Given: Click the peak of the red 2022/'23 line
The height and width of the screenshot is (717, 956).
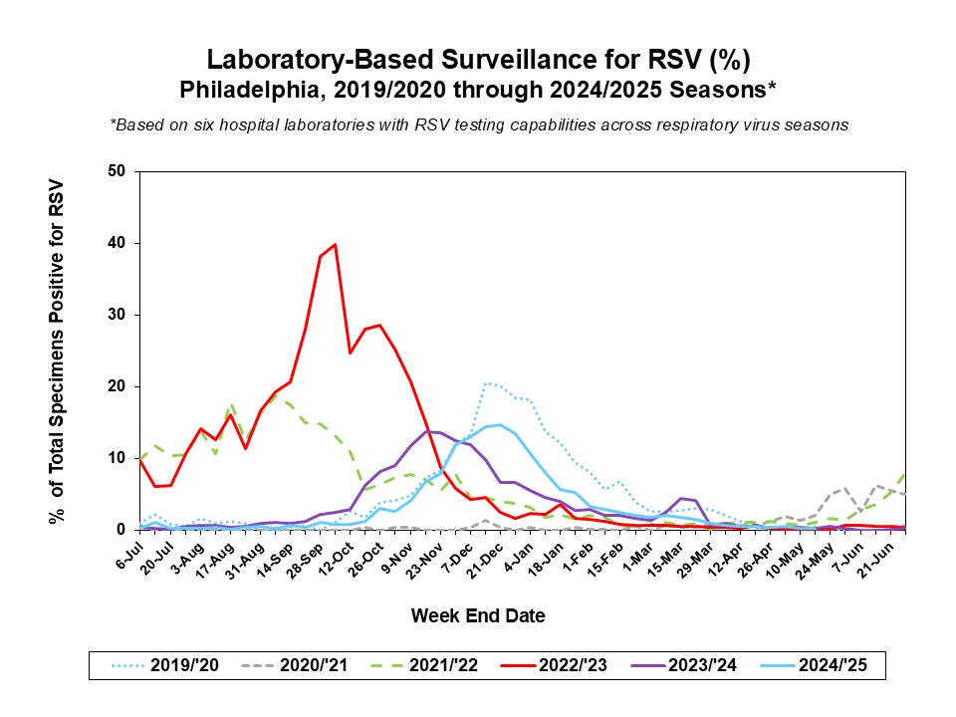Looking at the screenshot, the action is [335, 245].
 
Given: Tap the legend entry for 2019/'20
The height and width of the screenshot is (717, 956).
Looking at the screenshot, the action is [164, 665].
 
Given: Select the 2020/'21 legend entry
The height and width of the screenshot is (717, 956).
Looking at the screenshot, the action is [295, 665].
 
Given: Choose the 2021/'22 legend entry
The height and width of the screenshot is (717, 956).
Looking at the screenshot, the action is [424, 665].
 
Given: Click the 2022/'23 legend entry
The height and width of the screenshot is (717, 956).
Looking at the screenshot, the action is [554, 665].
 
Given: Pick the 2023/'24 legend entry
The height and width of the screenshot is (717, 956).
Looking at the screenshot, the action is [683, 665].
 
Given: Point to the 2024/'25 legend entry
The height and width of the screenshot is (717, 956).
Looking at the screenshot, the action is [814, 665].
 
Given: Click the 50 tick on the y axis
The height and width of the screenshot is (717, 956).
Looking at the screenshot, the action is [117, 171].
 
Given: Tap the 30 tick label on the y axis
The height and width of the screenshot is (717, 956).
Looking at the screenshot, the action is [117, 315].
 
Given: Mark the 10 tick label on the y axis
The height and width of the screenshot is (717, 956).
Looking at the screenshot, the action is [117, 458].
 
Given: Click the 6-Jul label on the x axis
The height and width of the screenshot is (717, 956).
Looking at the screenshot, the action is [129, 556].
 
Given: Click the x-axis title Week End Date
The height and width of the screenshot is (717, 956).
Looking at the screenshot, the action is [478, 615].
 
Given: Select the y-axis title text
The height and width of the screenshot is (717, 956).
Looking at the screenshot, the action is [56, 352].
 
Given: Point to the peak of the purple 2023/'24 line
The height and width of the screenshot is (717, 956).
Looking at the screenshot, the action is [427, 431].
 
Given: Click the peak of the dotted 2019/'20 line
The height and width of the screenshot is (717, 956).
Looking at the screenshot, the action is [487, 383].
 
